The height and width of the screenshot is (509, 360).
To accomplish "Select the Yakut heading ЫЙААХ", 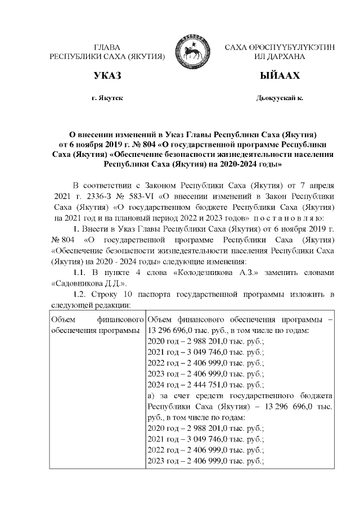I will click(x=280, y=75).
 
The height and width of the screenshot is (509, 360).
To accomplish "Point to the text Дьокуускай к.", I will click(x=280, y=98).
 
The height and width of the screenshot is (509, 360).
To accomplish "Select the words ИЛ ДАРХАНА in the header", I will click(x=280, y=57).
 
